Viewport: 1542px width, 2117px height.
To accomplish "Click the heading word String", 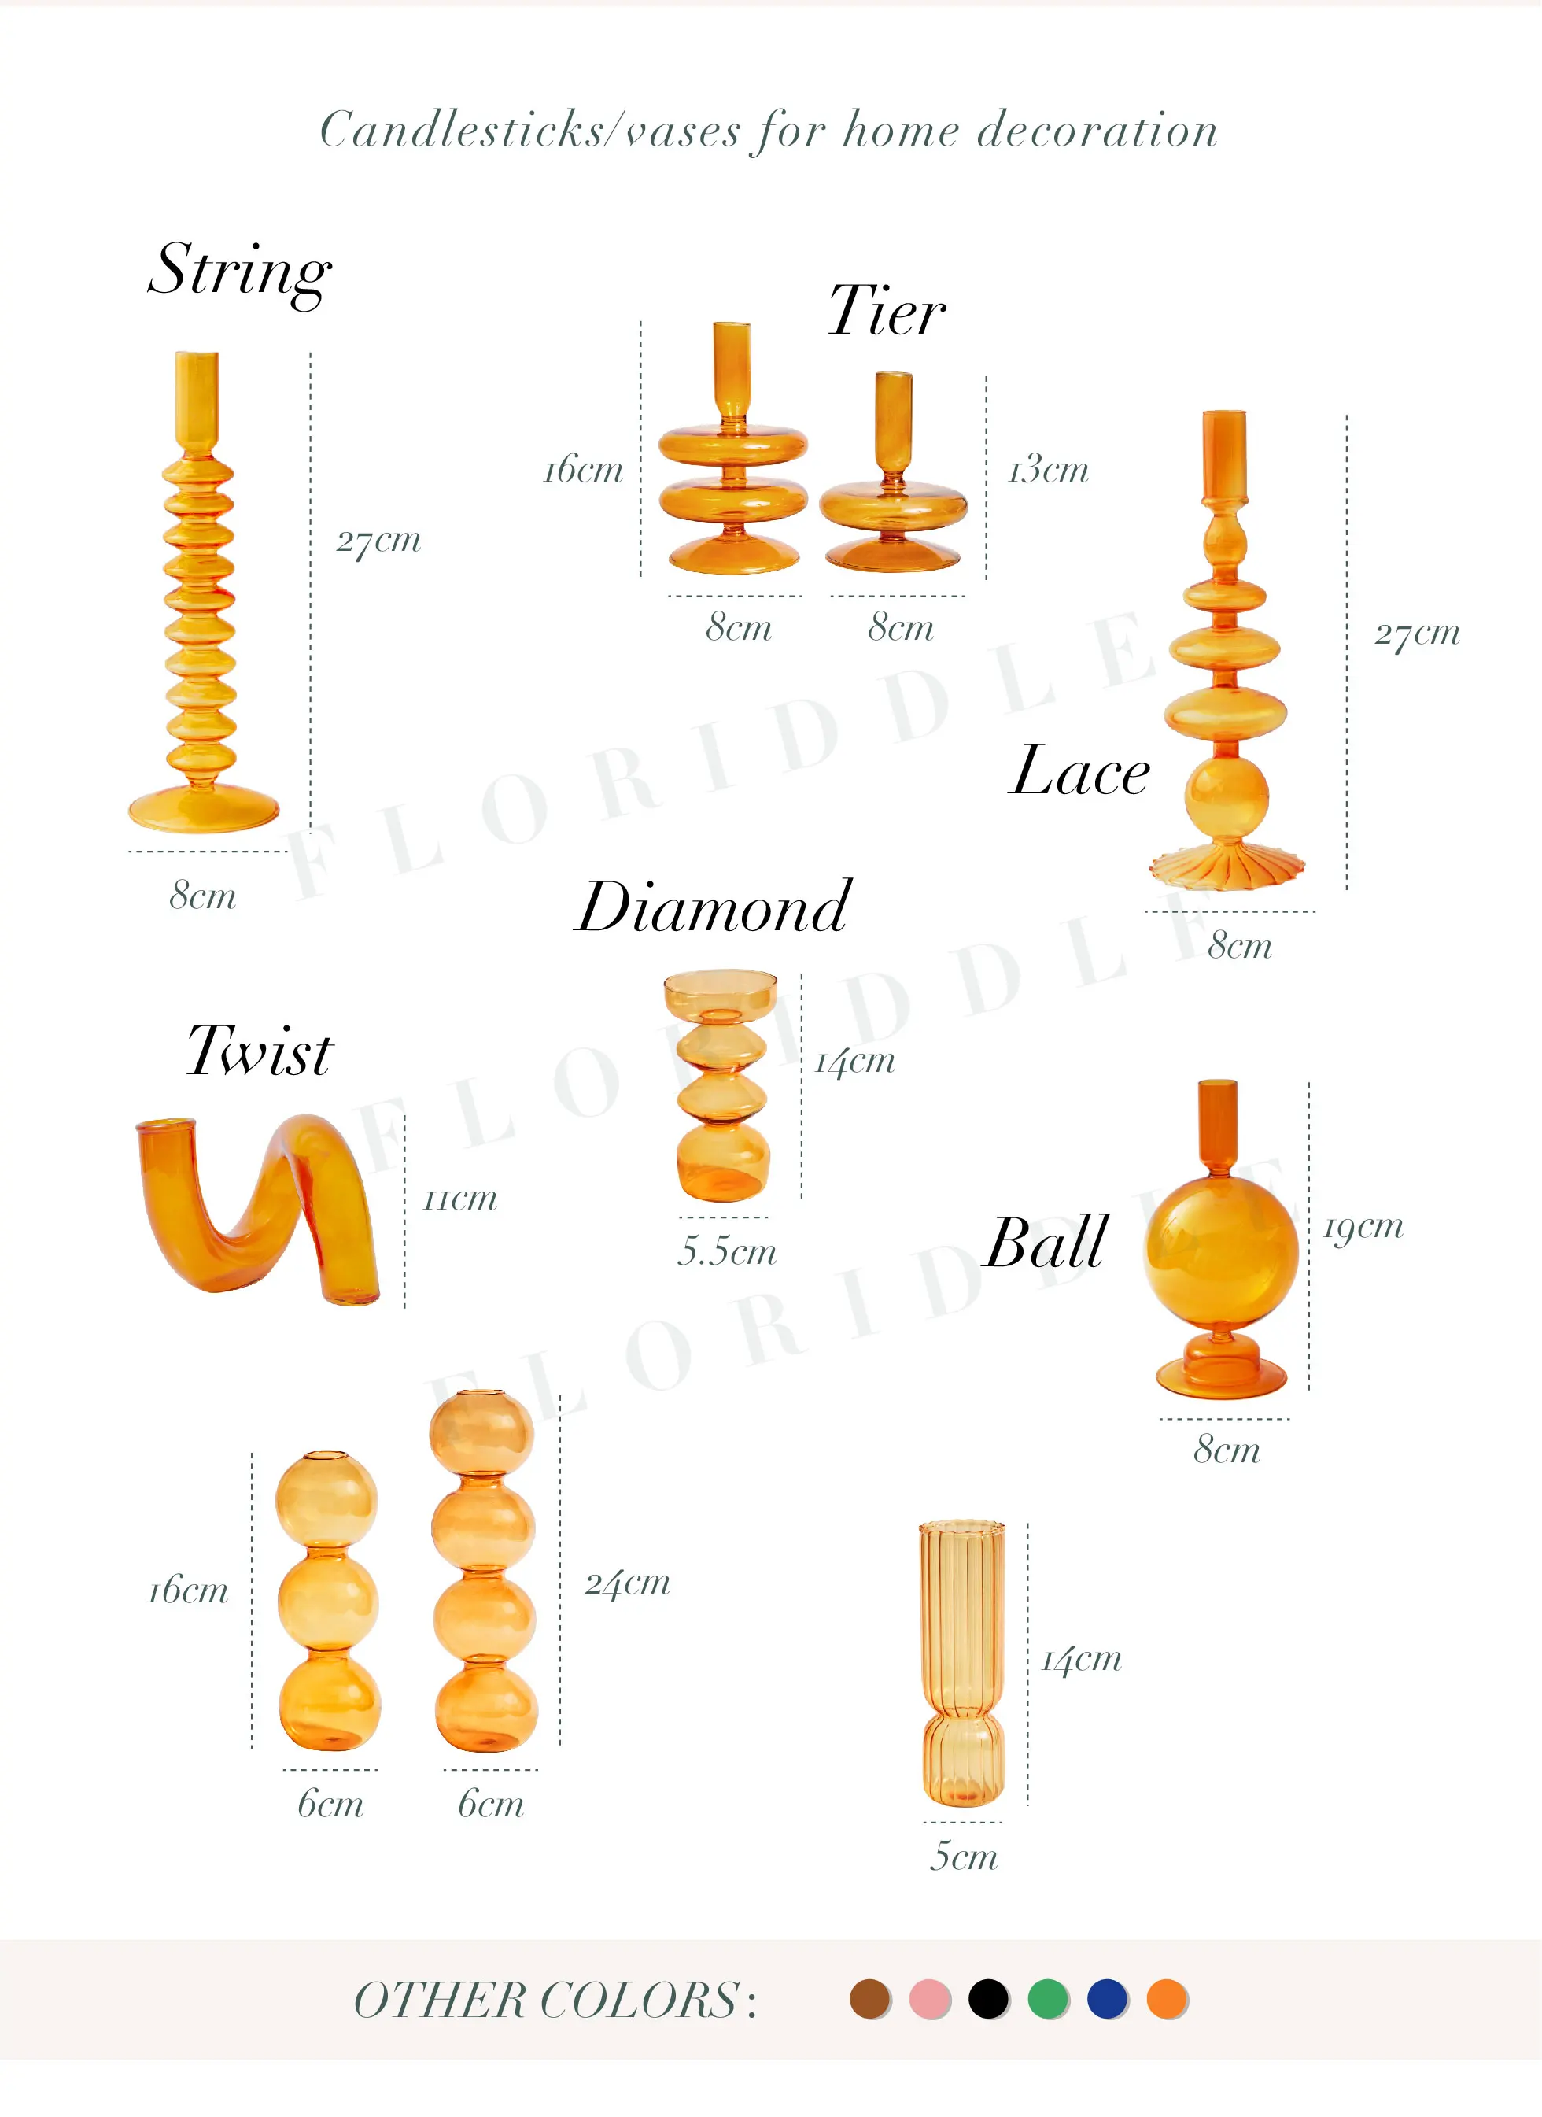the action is [239, 271].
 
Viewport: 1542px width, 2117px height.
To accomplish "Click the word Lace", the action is [1080, 772].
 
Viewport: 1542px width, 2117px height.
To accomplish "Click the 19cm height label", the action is [1363, 1227].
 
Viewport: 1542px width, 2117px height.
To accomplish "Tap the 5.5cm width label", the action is [727, 1251].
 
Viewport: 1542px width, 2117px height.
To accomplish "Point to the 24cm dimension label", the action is [627, 1583].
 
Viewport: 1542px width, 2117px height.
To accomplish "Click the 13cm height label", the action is [1048, 469].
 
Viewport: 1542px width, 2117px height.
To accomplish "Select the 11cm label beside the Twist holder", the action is [460, 1198].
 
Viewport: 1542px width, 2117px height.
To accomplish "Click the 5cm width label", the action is [963, 1857].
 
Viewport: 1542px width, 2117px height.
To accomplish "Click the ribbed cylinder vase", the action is [962, 1662].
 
